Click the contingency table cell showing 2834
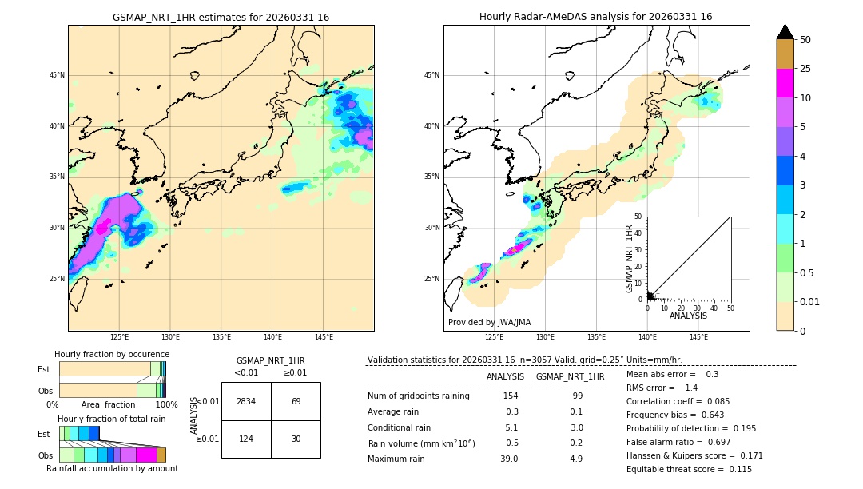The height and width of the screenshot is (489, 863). click(x=246, y=401)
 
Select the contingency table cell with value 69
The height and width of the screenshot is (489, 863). click(x=296, y=401)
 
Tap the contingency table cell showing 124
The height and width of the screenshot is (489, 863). click(x=246, y=439)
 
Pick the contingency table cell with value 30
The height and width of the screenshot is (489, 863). click(x=296, y=439)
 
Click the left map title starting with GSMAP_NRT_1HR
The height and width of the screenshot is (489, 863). click(x=221, y=17)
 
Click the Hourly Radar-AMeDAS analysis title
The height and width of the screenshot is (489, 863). click(x=595, y=17)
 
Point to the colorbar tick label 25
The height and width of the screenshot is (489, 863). click(x=805, y=69)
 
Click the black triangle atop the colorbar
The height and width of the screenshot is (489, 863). click(x=785, y=32)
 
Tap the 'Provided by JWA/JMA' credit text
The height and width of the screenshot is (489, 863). click(x=489, y=323)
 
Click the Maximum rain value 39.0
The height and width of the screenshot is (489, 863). click(x=509, y=459)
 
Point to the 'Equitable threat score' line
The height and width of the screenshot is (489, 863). click(x=689, y=469)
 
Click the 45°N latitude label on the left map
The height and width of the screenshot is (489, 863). click(x=57, y=75)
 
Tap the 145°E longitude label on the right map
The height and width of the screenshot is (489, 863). click(x=698, y=337)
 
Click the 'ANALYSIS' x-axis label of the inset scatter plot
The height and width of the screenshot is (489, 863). click(x=688, y=316)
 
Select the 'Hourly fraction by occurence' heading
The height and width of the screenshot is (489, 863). click(x=112, y=354)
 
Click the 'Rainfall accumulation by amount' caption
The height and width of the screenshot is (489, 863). click(x=112, y=468)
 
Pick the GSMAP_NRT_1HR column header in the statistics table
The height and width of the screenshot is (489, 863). click(x=570, y=376)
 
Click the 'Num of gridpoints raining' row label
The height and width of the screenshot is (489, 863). click(x=418, y=396)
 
